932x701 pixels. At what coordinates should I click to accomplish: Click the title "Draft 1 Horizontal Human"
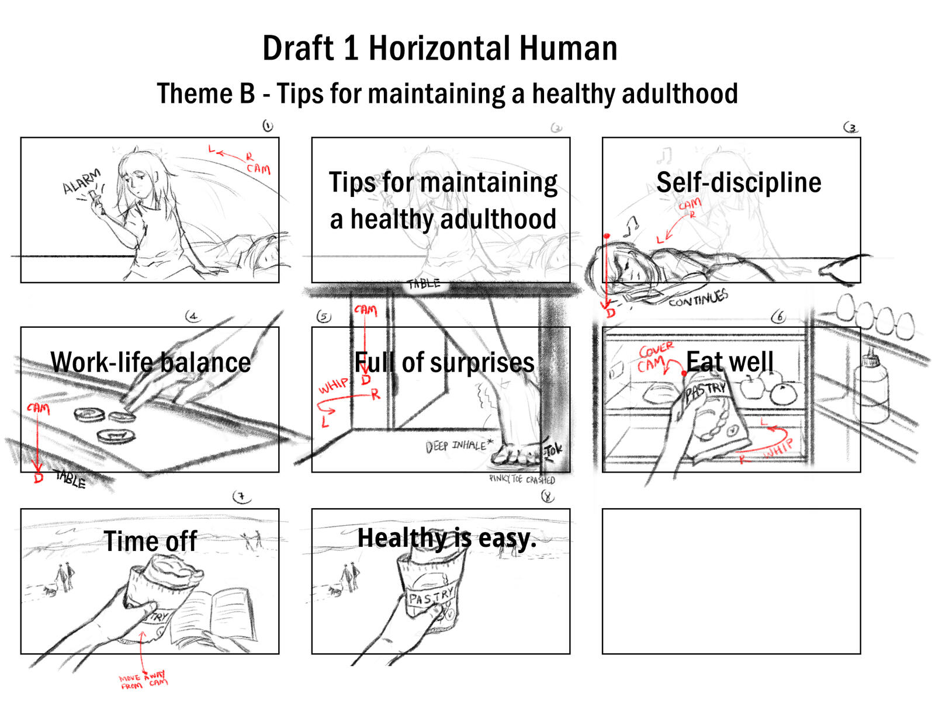pos(439,48)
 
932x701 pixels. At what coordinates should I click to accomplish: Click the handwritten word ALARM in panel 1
pos(82,181)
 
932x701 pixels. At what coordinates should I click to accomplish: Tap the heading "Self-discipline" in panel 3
pos(739,182)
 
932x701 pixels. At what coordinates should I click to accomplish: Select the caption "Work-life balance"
pos(151,362)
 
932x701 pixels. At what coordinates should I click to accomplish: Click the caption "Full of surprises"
pos(444,363)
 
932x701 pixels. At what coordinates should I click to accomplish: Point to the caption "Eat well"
pos(730,362)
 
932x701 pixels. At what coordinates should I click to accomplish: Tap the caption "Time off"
pos(150,541)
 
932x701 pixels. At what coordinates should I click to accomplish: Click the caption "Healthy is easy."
pos(446,538)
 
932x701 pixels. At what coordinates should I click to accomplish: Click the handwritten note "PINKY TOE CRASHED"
pos(522,480)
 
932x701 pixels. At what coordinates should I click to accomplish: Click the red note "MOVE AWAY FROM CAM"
pos(143,681)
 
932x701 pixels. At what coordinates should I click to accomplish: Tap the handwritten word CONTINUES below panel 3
pos(698,299)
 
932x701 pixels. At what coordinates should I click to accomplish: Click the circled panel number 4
pos(192,317)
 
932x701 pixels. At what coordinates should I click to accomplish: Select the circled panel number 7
pos(241,497)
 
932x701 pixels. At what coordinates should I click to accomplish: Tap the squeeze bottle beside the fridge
pos(871,386)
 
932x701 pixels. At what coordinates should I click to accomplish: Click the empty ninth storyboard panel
pos(731,581)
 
